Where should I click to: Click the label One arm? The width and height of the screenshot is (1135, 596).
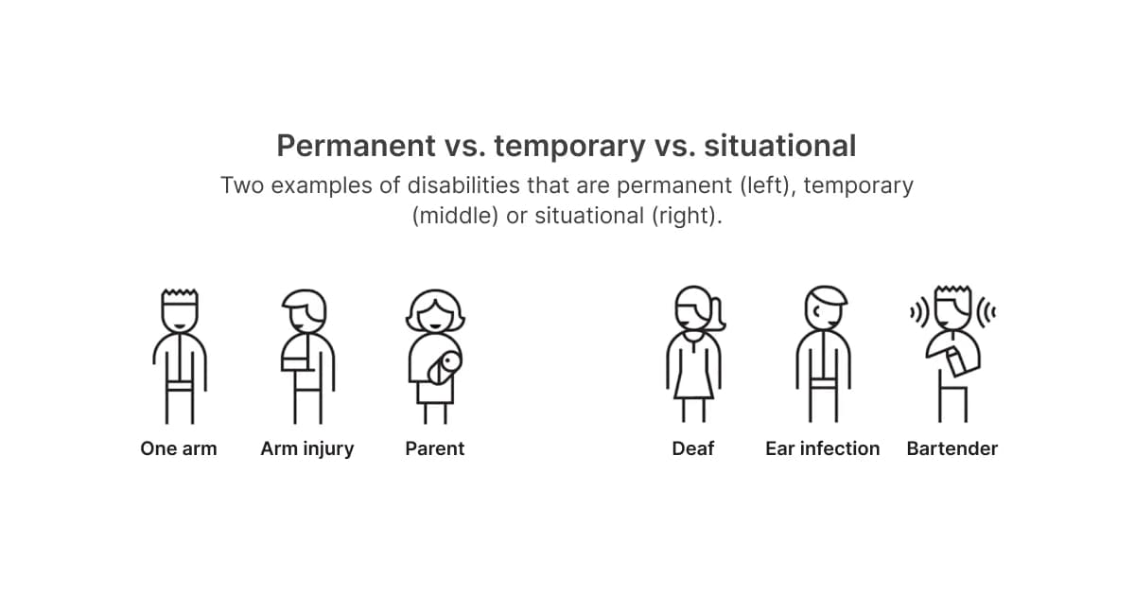coord(178,448)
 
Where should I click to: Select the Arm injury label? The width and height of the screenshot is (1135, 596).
coord(306,448)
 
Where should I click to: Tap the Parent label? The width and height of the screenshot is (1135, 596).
coord(434,448)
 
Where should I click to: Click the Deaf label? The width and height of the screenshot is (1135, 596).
coord(692,448)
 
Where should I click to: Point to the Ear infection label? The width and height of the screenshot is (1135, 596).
coord(822,448)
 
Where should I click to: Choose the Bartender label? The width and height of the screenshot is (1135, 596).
coord(952,448)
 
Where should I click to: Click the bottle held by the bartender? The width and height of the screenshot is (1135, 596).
coord(957,359)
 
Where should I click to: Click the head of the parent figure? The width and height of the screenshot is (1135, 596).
coord(434,310)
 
